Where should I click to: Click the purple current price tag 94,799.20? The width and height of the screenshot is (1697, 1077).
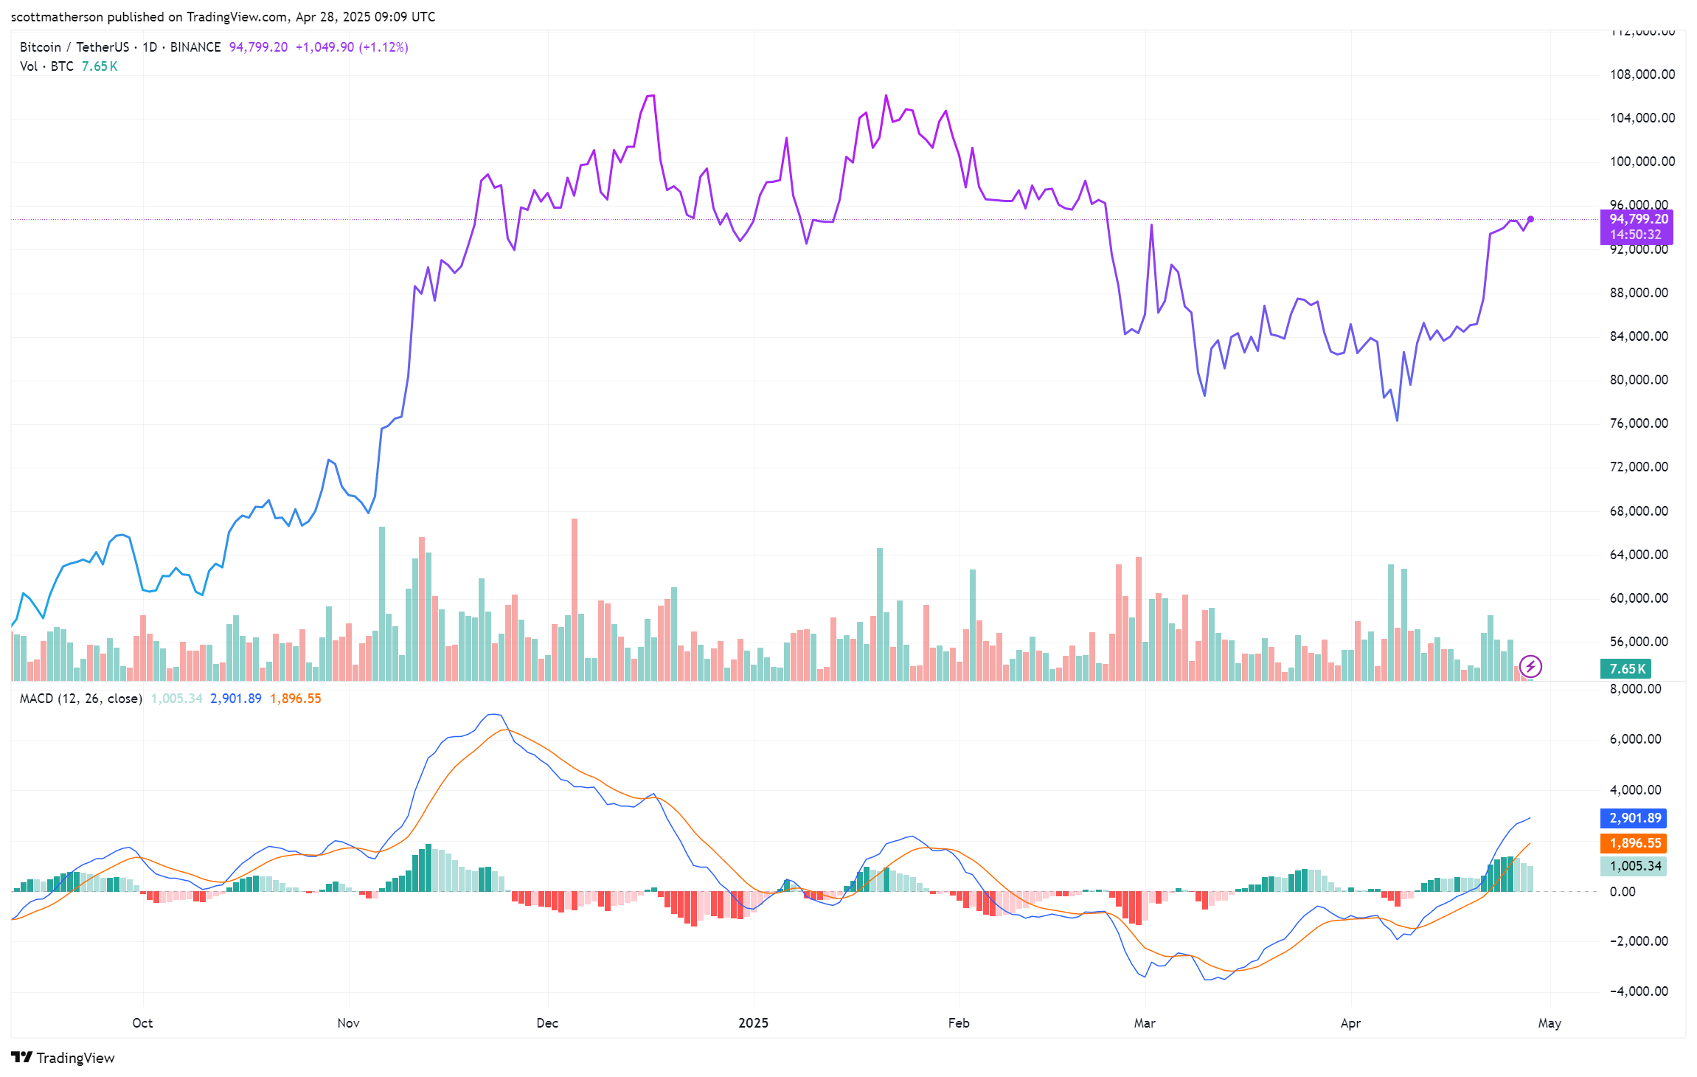coord(1637,219)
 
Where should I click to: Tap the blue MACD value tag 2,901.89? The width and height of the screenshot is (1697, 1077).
coord(1634,818)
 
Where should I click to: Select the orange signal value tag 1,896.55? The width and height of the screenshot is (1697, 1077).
coord(1634,843)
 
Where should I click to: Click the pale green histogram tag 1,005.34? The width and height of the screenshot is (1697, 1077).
coord(1634,866)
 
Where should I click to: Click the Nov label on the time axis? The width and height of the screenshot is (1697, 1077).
coord(348,1023)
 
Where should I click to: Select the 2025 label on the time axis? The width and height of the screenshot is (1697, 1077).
coord(753,1023)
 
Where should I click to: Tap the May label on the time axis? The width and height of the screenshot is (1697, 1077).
coord(1549,1023)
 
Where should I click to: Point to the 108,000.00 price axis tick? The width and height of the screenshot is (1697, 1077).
coord(1642,75)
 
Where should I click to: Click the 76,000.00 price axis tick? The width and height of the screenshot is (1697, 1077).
coord(1638,423)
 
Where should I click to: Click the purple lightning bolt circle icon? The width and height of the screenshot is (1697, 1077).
coord(1530,667)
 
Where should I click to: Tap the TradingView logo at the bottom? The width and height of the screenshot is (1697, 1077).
coord(63,1058)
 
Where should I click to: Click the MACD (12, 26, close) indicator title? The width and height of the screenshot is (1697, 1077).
coord(80,699)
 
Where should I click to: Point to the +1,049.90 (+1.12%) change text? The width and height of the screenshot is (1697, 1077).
coord(352,47)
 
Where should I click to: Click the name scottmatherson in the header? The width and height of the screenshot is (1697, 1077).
coord(57,17)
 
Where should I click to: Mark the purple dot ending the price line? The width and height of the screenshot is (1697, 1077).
coord(1530,219)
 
